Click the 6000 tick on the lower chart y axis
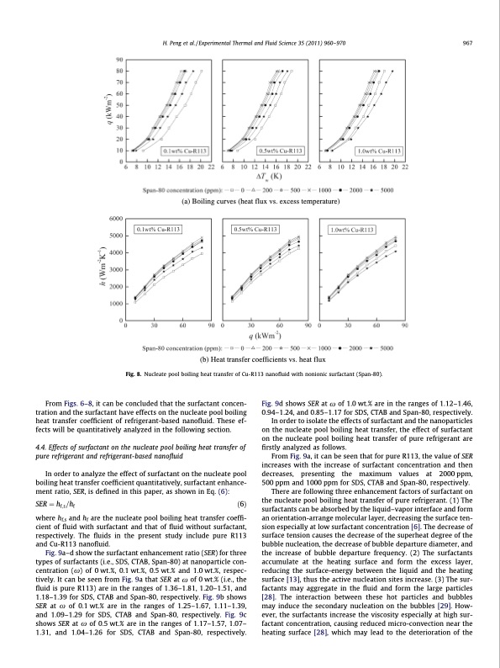pos(114,218)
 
